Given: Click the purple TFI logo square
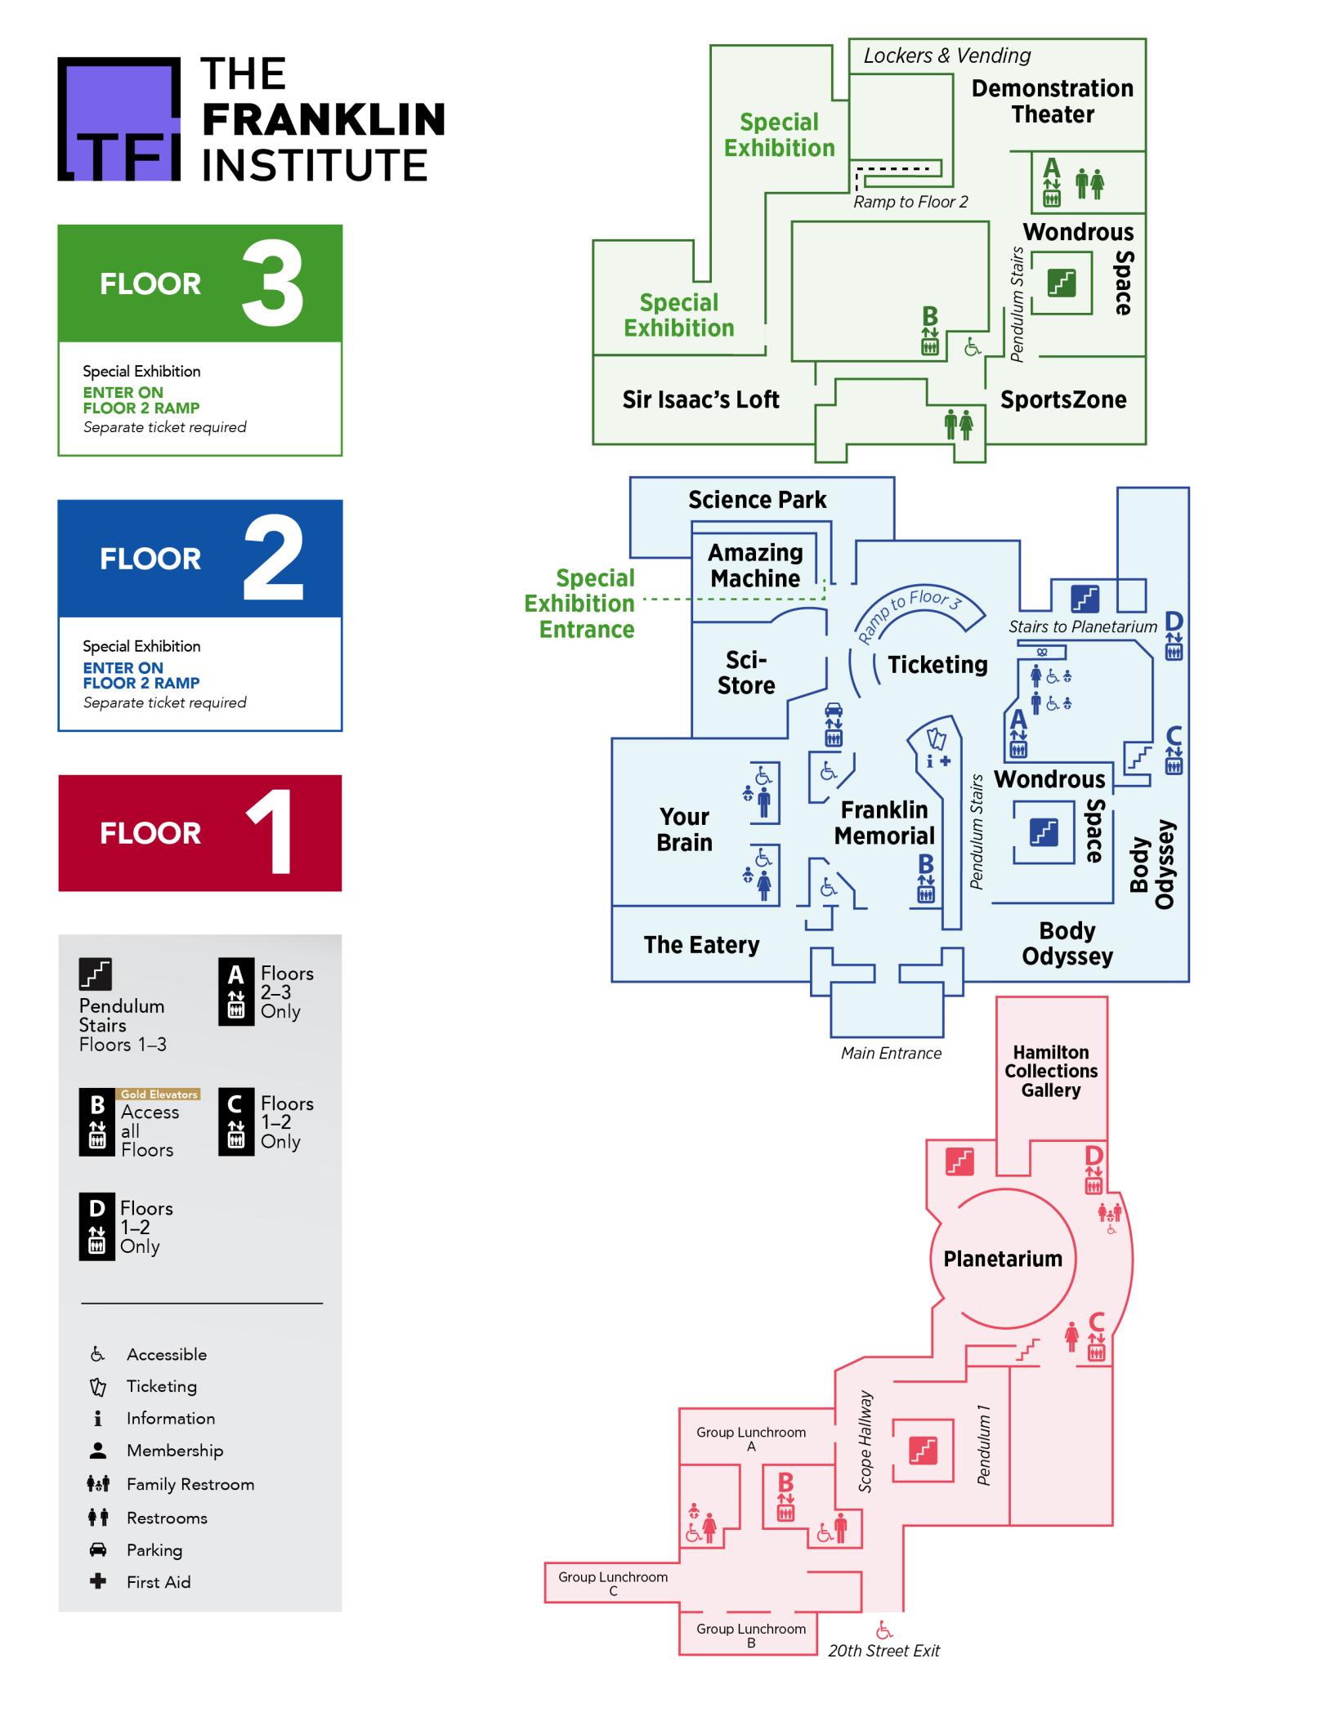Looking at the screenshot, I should (119, 118).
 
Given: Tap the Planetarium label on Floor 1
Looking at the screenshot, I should (1003, 1259).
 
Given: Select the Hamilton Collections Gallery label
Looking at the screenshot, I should (1051, 1071).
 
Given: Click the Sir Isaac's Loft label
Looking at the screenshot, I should (700, 399).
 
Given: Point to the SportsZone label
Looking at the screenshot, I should (1063, 399).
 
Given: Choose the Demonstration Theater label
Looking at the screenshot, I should (1053, 101).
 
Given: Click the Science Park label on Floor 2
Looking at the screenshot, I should (757, 500).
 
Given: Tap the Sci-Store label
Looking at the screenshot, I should (745, 672).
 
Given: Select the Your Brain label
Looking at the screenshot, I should (684, 829).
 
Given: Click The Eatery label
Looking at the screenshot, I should (701, 945).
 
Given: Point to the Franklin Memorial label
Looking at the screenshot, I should (884, 823).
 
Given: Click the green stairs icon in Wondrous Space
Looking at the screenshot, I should (1061, 283).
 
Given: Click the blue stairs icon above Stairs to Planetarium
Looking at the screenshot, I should (1085, 599).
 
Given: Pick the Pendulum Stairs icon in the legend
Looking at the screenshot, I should (96, 974).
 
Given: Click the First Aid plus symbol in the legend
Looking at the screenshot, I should (98, 1582).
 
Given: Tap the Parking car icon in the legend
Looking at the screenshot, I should (98, 1549).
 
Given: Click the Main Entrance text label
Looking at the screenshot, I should (891, 1053).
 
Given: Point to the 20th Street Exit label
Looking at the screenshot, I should (883, 1651).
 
